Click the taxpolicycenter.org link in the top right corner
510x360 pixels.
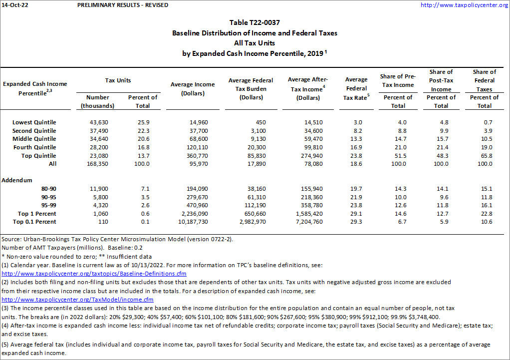(x=464, y=5)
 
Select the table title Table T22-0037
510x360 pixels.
(x=255, y=23)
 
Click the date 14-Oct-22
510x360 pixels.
(x=13, y=5)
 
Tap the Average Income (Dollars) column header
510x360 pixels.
(x=193, y=89)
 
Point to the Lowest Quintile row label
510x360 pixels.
(x=34, y=122)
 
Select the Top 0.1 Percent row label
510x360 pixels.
(x=34, y=222)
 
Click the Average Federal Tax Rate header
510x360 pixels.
(x=356, y=88)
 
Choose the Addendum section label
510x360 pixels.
(x=17, y=180)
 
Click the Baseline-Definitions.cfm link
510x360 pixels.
(x=94, y=274)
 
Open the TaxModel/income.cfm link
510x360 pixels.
(x=77, y=300)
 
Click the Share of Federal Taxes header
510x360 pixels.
(x=484, y=80)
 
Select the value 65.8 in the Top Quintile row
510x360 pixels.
(x=484, y=155)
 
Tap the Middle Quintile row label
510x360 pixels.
(x=34, y=139)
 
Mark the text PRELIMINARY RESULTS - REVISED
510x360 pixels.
(x=123, y=5)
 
